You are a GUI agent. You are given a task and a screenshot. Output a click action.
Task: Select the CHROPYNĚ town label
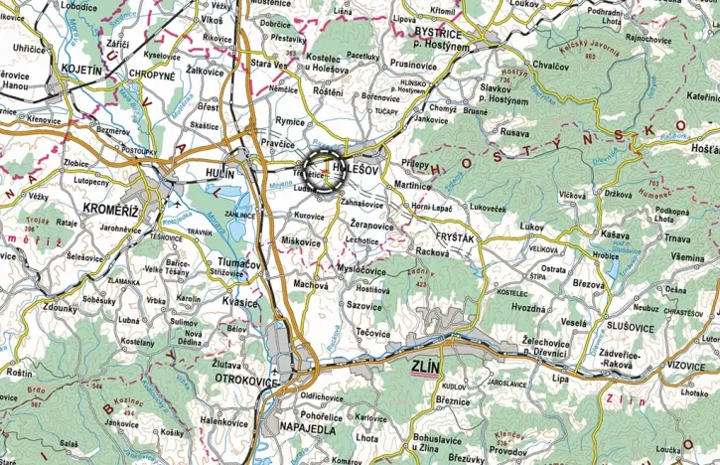pyautogui.click(x=149, y=74)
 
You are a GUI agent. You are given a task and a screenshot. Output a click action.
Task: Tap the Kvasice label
pyautogui.click(x=240, y=303)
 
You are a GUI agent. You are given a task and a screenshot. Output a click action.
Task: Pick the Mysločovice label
pyautogui.click(x=360, y=270)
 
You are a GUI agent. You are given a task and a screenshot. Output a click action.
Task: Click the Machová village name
pyautogui.click(x=310, y=285)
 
